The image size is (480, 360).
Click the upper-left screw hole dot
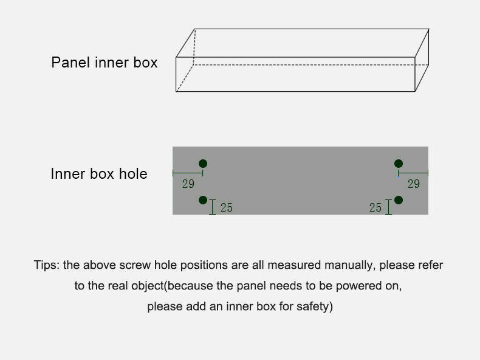click(x=203, y=164)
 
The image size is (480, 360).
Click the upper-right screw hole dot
click(x=398, y=164)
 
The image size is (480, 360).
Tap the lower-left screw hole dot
click(x=203, y=200)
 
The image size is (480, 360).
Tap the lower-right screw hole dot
click(x=398, y=200)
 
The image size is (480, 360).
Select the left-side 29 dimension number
click(x=188, y=184)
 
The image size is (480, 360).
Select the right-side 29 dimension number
click(x=414, y=184)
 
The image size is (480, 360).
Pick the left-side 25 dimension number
click(x=227, y=207)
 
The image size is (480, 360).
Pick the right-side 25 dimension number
click(x=375, y=207)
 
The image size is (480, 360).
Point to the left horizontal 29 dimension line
click(x=188, y=173)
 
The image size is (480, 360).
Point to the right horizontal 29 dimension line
click(x=413, y=173)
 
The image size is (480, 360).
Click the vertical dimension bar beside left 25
click(x=212, y=207)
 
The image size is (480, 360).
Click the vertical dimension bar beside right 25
click(x=388, y=207)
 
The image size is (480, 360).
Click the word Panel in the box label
click(x=71, y=63)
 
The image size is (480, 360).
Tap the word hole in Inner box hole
click(x=133, y=174)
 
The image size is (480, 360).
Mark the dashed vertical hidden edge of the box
click(x=194, y=47)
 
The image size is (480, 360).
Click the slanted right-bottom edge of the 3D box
click(x=422, y=78)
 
